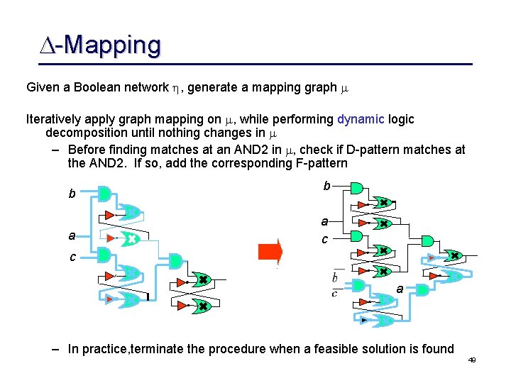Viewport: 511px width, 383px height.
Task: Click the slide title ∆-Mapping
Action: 100,45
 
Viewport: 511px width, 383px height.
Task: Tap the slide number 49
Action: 471,360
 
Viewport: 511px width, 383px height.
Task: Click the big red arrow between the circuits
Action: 270,252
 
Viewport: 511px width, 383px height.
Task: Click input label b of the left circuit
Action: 71,194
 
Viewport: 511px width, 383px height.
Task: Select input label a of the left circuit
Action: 71,235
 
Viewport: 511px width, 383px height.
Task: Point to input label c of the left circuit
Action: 72,257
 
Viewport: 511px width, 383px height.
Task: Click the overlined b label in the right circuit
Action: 335,278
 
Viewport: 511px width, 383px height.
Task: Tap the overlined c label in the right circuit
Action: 334,292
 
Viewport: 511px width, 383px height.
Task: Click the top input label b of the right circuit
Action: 326,186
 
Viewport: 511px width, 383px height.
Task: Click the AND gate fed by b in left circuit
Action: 104,194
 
